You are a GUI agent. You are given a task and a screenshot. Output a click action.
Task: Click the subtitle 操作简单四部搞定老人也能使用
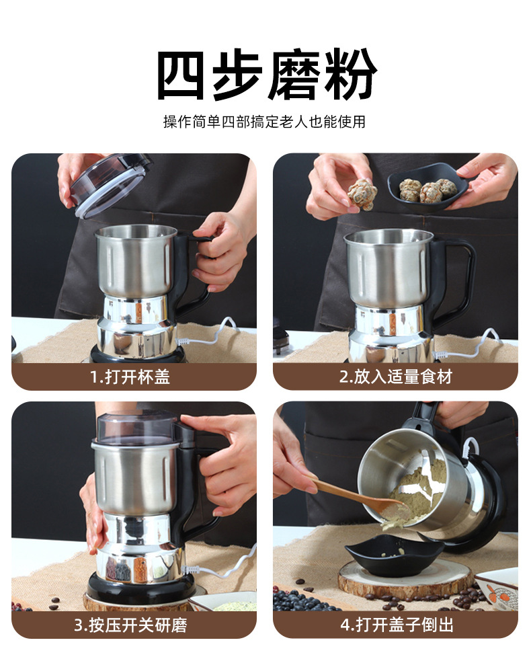264,122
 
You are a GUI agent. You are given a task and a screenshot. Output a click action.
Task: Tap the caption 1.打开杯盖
130,377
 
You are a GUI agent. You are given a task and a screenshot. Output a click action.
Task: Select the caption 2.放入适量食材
396,377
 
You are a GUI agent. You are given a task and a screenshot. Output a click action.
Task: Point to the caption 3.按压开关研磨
130,625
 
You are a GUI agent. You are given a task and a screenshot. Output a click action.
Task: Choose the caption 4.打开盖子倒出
397,625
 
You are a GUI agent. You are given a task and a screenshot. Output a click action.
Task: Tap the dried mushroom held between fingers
362,194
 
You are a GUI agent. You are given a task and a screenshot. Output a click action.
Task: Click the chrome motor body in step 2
390,333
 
